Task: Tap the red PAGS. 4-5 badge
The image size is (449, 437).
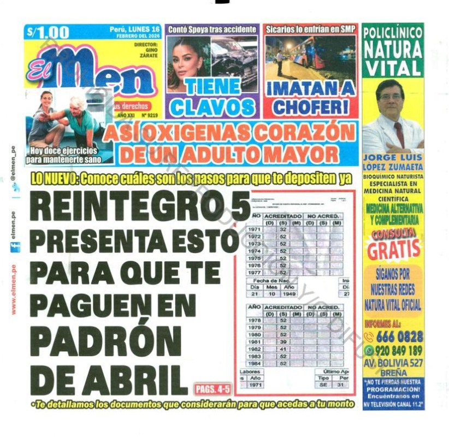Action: click(x=212, y=389)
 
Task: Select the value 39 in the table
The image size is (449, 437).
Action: click(x=283, y=341)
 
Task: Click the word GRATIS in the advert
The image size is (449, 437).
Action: click(x=393, y=250)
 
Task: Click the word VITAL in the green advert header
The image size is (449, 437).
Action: click(x=393, y=69)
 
